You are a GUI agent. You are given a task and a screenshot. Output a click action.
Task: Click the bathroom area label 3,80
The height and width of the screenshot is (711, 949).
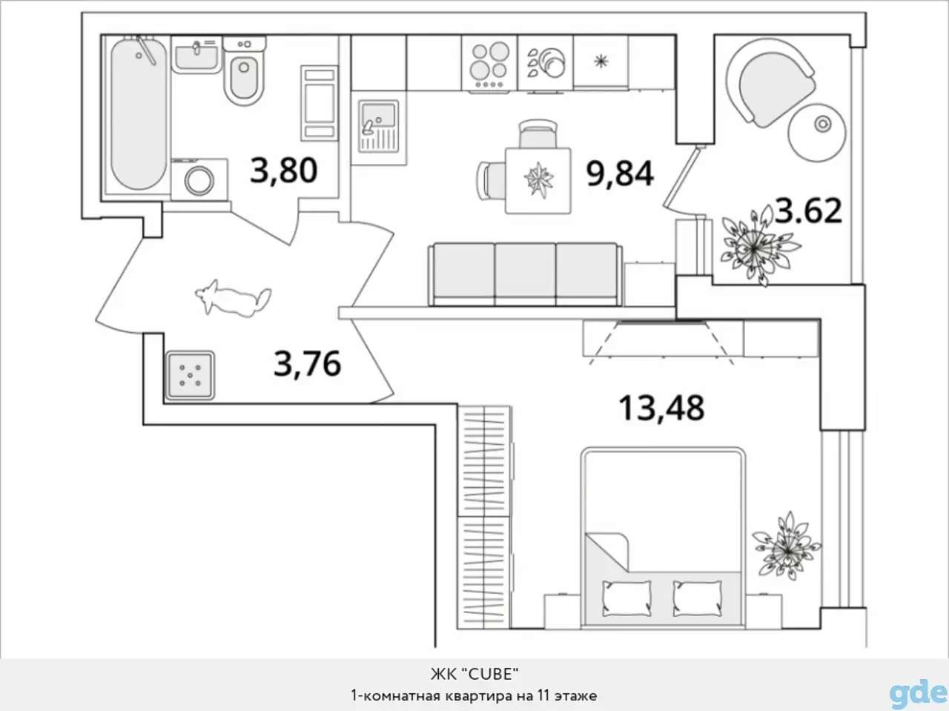pos(284,171)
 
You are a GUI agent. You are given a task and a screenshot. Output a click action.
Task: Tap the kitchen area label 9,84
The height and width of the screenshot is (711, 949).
pos(620,175)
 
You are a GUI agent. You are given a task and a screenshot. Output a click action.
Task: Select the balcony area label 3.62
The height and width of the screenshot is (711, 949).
pos(808,211)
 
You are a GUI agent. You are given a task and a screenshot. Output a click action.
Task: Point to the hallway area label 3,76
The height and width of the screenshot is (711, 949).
pos(308,364)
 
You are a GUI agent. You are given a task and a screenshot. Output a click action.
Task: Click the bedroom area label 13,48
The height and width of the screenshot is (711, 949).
pos(661,408)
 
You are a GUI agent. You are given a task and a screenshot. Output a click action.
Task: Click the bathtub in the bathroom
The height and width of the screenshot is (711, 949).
pos(139,115)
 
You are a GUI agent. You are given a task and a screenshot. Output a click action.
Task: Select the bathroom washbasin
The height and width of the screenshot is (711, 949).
pos(196,56)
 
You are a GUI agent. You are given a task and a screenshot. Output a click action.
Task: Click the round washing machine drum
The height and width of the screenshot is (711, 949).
pos(199,180)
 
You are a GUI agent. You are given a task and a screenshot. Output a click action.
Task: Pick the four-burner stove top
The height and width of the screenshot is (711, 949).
pos(489,64)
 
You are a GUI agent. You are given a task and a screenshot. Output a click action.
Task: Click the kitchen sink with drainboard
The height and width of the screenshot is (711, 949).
pos(378,126)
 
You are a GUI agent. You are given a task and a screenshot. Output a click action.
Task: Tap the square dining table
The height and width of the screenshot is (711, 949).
pos(538,181)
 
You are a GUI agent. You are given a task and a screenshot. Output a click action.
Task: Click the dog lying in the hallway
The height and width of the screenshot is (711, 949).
pos(233,297)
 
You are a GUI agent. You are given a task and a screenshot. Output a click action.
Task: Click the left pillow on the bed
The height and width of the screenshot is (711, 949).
pos(626,598)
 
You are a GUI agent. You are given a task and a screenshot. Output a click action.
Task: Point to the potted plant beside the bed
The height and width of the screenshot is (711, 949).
pos(787,546)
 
